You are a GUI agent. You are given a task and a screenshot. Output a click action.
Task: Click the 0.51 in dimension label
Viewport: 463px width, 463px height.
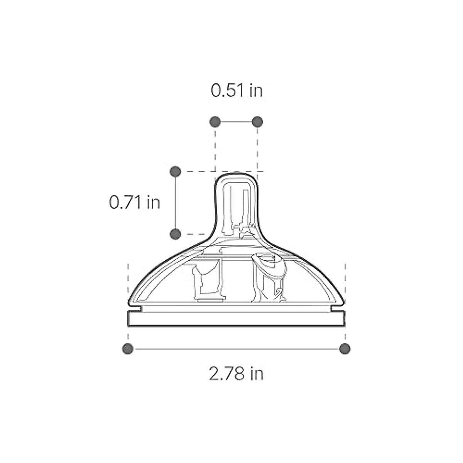point(237,91)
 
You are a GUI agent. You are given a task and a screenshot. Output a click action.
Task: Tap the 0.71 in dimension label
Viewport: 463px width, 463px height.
point(134,202)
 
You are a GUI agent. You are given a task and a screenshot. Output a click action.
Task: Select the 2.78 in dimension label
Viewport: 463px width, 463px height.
point(236,373)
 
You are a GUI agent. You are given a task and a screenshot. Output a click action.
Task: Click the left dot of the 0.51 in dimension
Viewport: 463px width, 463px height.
point(215,122)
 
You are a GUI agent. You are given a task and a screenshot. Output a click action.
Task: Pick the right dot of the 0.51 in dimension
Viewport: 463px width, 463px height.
point(257,122)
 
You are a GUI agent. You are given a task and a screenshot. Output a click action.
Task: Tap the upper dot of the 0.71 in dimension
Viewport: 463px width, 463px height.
point(175,171)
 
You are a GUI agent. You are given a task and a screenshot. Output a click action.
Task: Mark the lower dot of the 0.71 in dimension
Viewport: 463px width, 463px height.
point(175,233)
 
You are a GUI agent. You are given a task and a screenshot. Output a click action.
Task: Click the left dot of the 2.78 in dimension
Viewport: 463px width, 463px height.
point(128,349)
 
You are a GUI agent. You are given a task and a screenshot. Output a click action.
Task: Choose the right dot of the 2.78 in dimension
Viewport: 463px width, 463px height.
point(345,349)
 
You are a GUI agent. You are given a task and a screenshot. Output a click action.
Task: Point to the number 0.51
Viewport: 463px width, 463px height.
point(228,91)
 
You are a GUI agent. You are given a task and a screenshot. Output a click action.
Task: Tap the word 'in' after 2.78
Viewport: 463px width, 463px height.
point(257,373)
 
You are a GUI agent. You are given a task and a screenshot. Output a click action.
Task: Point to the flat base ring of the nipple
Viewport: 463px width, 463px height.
point(236,319)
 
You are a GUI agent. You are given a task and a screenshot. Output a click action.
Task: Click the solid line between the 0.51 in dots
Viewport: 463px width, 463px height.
point(236,122)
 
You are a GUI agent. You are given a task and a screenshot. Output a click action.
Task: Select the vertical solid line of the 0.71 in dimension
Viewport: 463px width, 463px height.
point(175,203)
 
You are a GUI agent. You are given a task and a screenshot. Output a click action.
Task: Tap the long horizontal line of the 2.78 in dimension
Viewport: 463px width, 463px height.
point(236,349)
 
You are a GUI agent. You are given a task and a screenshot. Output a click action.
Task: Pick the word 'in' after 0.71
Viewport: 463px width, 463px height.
point(153,202)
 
